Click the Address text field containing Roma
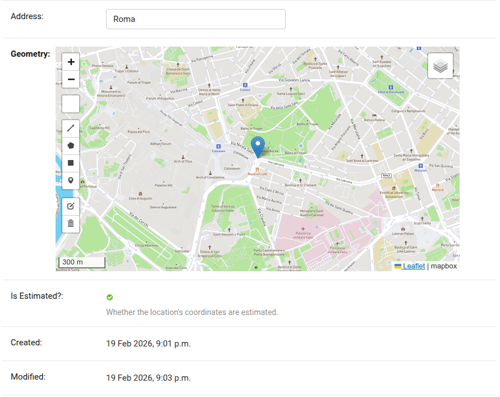pyautogui.click(x=195, y=19)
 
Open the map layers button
pyautogui.click(x=441, y=66)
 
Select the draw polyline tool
pyautogui.click(x=71, y=128)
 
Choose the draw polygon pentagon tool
pyautogui.click(x=71, y=145)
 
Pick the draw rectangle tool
pyautogui.click(x=71, y=163)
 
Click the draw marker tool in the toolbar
pyautogui.click(x=71, y=180)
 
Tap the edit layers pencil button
pyautogui.click(x=71, y=206)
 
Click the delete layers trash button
pyautogui.click(x=71, y=223)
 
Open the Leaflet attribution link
pyautogui.click(x=414, y=266)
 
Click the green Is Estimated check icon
pyautogui.click(x=109, y=297)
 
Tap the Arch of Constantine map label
pyautogui.click(x=210, y=177)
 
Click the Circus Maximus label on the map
pyautogui.click(x=148, y=245)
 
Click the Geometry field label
pyautogui.click(x=30, y=54)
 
